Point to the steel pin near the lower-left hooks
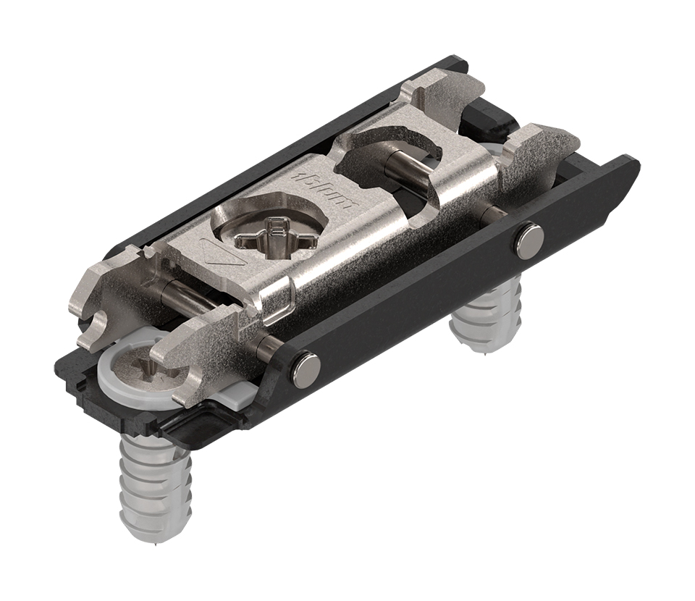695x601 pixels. [x=195, y=296]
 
